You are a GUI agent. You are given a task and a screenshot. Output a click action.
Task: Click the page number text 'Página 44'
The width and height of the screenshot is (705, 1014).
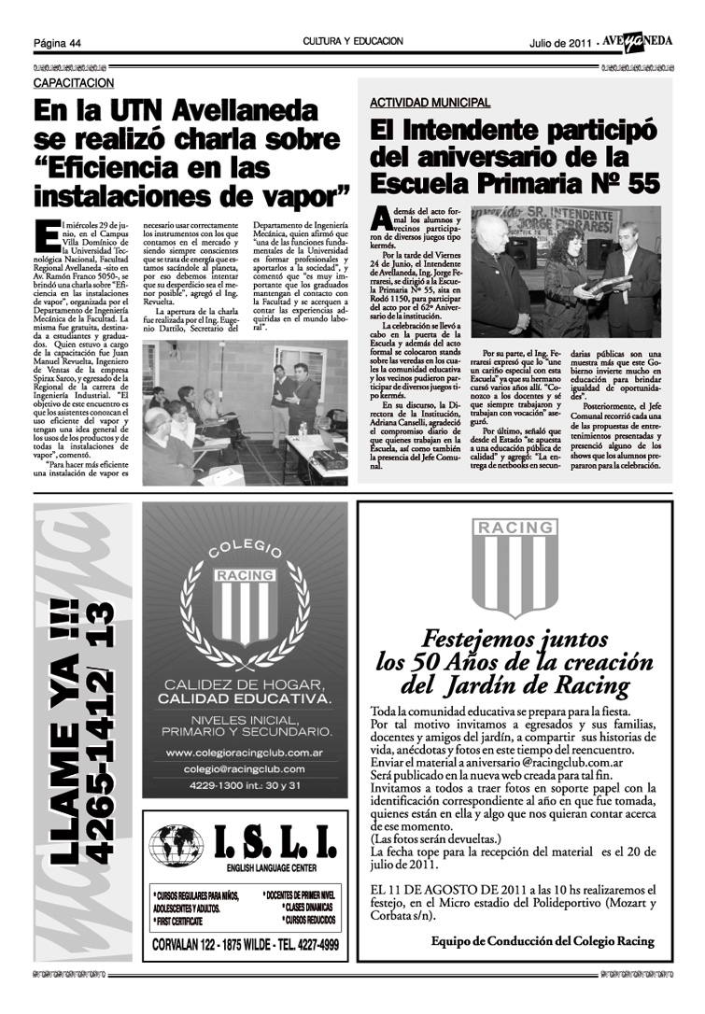[58, 43]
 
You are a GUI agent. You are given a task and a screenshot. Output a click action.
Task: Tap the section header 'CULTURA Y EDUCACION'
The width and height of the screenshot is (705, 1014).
[353, 42]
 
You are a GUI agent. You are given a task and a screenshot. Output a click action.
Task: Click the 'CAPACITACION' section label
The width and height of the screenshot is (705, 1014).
[71, 83]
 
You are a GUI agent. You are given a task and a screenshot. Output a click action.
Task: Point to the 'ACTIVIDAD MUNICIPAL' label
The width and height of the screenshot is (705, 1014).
[430, 102]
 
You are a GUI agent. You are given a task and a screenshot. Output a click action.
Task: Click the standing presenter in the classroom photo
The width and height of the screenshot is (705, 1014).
[301, 397]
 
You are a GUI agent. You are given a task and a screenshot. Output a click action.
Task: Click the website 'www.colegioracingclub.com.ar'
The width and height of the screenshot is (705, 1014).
[245, 753]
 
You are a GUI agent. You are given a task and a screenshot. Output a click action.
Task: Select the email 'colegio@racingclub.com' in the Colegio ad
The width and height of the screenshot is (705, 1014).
[245, 768]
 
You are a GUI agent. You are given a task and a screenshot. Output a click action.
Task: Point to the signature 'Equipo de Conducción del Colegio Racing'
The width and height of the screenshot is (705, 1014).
[543, 940]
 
